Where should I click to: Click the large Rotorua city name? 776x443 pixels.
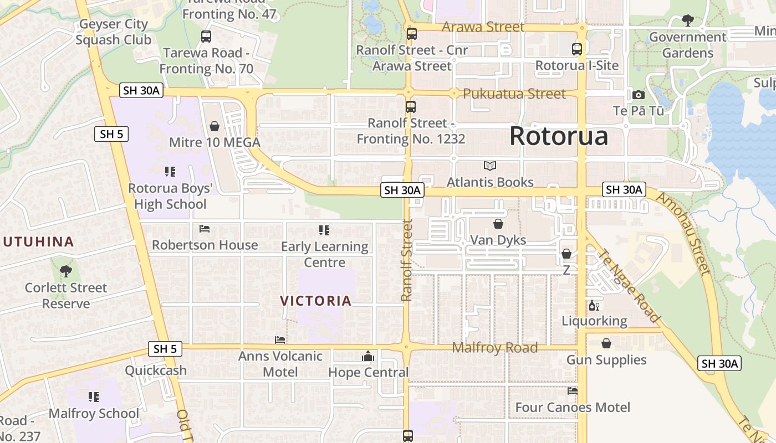558,136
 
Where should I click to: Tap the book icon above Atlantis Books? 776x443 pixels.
490,166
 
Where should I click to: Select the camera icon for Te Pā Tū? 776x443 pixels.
638,95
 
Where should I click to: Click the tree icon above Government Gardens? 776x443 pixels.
688,21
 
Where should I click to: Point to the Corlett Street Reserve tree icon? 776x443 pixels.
66,271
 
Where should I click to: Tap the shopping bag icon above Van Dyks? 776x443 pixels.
498,224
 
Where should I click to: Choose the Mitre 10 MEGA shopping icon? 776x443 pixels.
215,126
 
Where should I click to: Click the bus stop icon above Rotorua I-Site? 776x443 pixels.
577,49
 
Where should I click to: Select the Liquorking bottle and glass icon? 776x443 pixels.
594,305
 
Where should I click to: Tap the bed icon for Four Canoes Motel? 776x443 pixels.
573,391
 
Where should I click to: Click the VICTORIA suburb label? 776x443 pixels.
316,301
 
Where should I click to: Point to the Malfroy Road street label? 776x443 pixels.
495,348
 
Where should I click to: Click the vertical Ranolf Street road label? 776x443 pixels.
407,260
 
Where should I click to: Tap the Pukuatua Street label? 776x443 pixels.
514,94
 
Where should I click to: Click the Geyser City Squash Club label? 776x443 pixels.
113,32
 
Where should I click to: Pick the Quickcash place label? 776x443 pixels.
156,370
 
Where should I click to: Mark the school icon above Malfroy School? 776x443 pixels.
94,397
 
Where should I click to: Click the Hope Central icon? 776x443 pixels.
368,357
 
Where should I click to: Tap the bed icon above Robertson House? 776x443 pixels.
205,229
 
